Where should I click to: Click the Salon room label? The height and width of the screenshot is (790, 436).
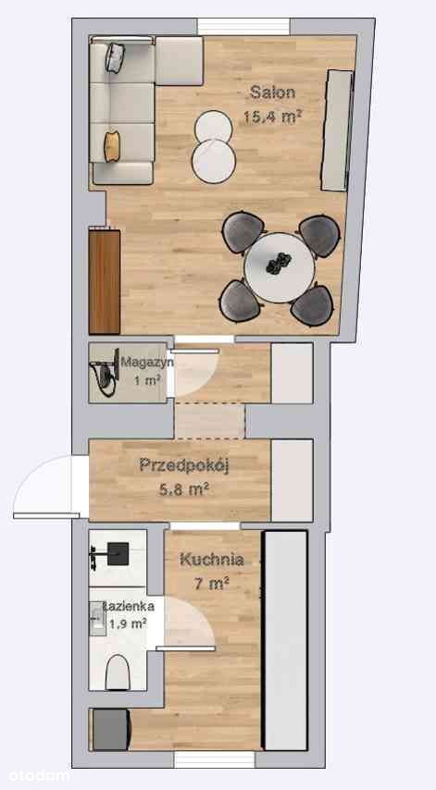(272, 93)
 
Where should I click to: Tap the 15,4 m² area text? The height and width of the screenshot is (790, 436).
(273, 117)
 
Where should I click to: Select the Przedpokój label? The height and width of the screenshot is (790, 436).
(184, 465)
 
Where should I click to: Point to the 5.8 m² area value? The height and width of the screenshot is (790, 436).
(184, 488)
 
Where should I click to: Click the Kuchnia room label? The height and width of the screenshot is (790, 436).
(212, 560)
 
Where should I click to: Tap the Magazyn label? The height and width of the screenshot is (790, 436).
(147, 362)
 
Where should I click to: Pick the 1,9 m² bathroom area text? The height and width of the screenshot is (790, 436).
(128, 623)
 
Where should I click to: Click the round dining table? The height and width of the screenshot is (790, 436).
(280, 267)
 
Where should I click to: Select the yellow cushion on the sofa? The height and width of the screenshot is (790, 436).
(112, 146)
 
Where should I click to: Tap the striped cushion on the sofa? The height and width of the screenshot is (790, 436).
(115, 57)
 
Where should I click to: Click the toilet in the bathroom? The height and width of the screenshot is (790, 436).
(118, 673)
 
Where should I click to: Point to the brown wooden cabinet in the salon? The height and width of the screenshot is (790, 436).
(105, 281)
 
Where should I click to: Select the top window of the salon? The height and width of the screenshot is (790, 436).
(243, 27)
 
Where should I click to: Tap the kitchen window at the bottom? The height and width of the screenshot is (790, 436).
(214, 759)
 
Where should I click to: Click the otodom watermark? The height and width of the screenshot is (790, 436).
(35, 776)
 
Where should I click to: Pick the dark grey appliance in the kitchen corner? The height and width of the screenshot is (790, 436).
(110, 730)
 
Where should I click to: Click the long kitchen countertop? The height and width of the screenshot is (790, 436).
(285, 640)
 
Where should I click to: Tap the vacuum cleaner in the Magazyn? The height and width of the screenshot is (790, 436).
(105, 374)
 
